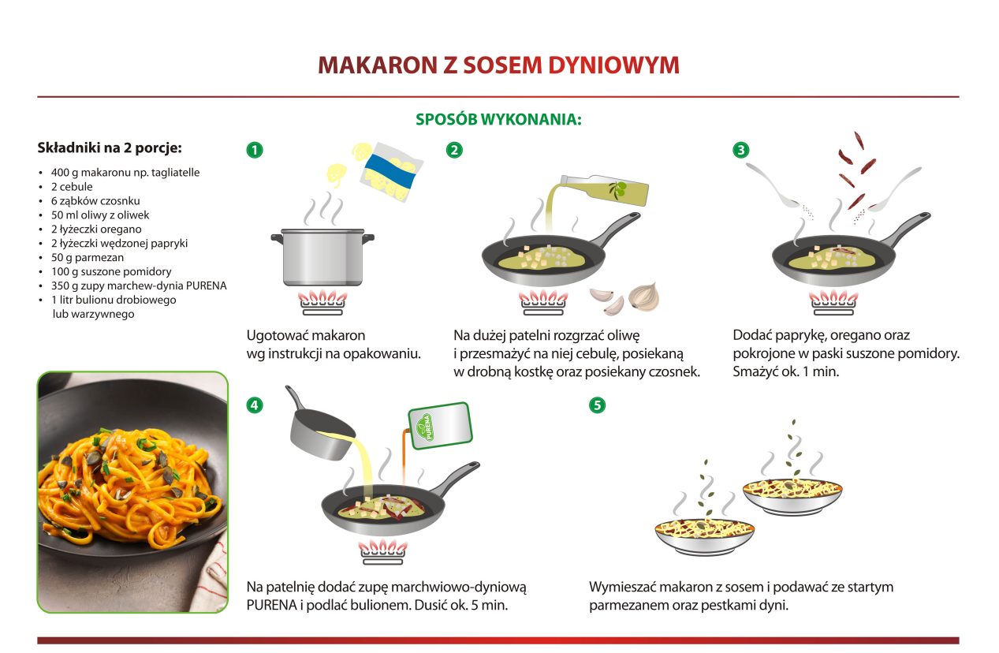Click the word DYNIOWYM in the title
(613, 65)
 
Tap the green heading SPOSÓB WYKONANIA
(498, 120)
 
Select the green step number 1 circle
(255, 150)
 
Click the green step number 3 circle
(741, 150)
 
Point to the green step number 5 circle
(597, 405)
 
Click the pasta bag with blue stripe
(392, 172)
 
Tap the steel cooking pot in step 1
(322, 257)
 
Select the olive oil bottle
(605, 190)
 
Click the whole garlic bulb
(643, 297)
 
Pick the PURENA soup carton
(440, 426)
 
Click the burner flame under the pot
(322, 297)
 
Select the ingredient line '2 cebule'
(72, 186)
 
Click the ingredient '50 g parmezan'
(88, 257)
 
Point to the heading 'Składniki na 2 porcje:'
(110, 147)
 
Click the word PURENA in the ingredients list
(206, 285)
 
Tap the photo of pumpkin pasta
(132, 492)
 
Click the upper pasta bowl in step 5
(792, 496)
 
